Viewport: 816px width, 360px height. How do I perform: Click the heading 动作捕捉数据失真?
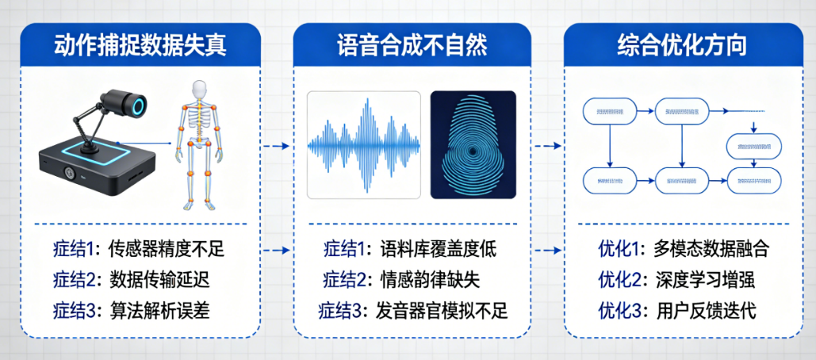point(140,44)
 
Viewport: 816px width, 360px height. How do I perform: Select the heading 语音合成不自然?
point(411,44)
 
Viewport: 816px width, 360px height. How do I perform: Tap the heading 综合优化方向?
point(683,44)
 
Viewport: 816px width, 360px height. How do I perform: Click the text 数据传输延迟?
point(158,280)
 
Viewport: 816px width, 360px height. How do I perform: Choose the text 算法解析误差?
point(158,310)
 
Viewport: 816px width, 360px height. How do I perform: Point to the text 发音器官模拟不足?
point(442,310)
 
